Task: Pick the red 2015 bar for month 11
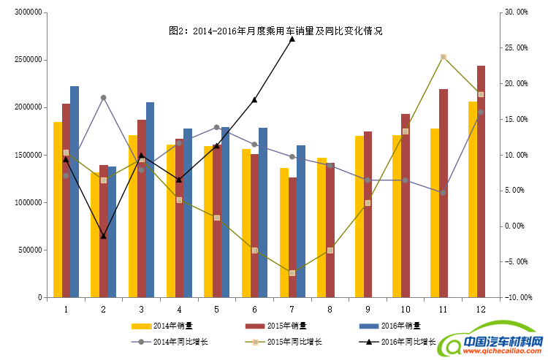tap(444, 193)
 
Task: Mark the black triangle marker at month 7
tap(292, 38)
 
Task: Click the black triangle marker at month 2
tap(103, 236)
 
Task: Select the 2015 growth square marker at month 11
tap(444, 57)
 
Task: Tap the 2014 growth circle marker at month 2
tap(103, 97)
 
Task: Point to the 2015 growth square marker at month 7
tap(292, 273)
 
